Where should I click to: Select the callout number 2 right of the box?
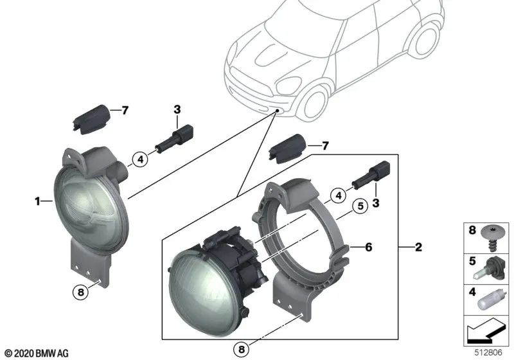(x=418, y=247)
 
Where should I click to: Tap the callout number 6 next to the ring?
(x=368, y=247)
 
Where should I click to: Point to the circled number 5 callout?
(x=360, y=206)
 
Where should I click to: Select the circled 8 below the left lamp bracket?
(x=80, y=292)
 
